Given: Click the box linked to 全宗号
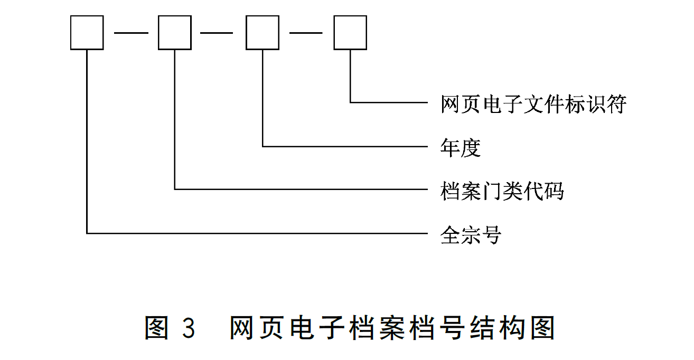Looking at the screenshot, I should click(x=87, y=33).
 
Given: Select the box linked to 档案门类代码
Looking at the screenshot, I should click(x=175, y=33).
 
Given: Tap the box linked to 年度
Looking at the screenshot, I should click(x=262, y=33).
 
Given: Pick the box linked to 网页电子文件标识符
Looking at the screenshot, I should click(x=350, y=33).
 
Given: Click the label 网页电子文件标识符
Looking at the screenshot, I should click(x=533, y=104).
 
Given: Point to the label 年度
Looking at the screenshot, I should click(x=461, y=148).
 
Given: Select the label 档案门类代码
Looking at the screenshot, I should click(x=502, y=191).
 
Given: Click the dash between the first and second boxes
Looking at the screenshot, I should click(x=131, y=33).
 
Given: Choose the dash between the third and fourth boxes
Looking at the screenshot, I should click(x=306, y=33).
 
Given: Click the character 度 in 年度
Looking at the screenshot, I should click(x=471, y=148).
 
